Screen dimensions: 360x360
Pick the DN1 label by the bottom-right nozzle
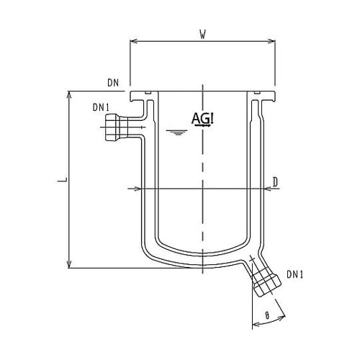295,274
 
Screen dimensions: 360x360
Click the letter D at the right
276,181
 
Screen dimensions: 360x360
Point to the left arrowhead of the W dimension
132,40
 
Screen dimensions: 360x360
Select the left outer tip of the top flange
130,94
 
